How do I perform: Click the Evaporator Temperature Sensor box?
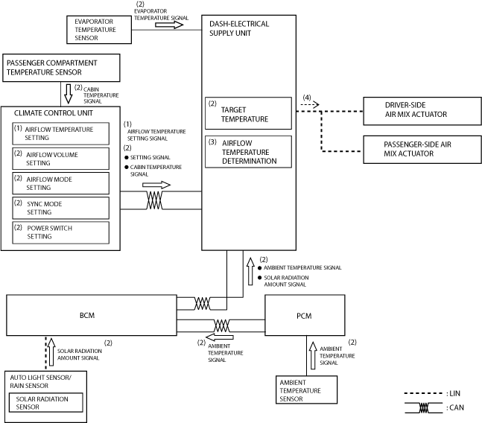(99, 30)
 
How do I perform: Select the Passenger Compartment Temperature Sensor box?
(61, 68)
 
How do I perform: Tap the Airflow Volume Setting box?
(60, 159)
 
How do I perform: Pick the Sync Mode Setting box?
(60, 208)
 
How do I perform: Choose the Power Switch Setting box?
(60, 232)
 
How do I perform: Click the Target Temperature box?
(248, 113)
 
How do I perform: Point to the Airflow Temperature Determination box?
(248, 152)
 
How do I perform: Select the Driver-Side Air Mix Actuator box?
(422, 111)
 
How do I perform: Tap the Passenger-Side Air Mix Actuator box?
(422, 150)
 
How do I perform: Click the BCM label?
(87, 316)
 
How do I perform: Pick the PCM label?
(304, 316)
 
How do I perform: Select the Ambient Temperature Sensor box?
(306, 389)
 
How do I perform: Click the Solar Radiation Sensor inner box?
(45, 402)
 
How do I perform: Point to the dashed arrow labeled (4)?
(310, 105)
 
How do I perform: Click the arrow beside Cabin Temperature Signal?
(69, 94)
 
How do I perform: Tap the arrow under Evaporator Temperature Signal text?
(169, 25)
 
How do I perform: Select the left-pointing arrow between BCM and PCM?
(220, 337)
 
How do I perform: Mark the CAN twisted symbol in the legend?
(424, 408)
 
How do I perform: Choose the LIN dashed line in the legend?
(424, 393)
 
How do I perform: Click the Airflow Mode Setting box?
(60, 183)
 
